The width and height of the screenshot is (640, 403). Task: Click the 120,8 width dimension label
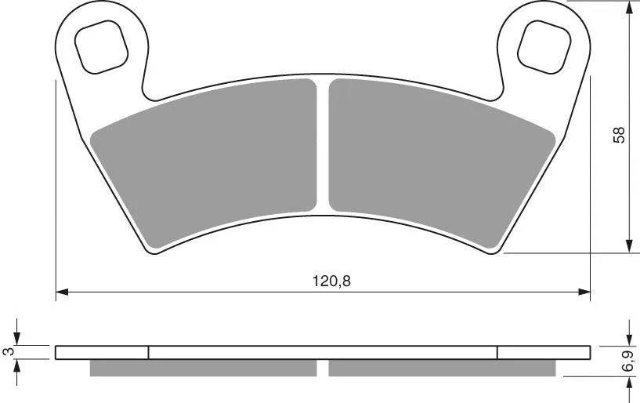click(x=331, y=281)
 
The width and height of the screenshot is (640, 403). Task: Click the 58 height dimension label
click(x=619, y=135)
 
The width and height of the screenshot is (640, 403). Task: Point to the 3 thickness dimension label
click(x=8, y=351)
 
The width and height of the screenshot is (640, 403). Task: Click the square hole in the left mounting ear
click(x=101, y=47)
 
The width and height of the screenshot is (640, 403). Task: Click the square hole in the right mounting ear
click(x=544, y=47)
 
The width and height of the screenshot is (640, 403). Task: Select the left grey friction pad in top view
click(x=204, y=163)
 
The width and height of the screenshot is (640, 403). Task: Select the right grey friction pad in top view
click(x=442, y=163)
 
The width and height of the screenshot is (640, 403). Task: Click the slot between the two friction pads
click(x=323, y=145)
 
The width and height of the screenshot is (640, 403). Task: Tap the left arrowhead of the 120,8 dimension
click(x=61, y=292)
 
